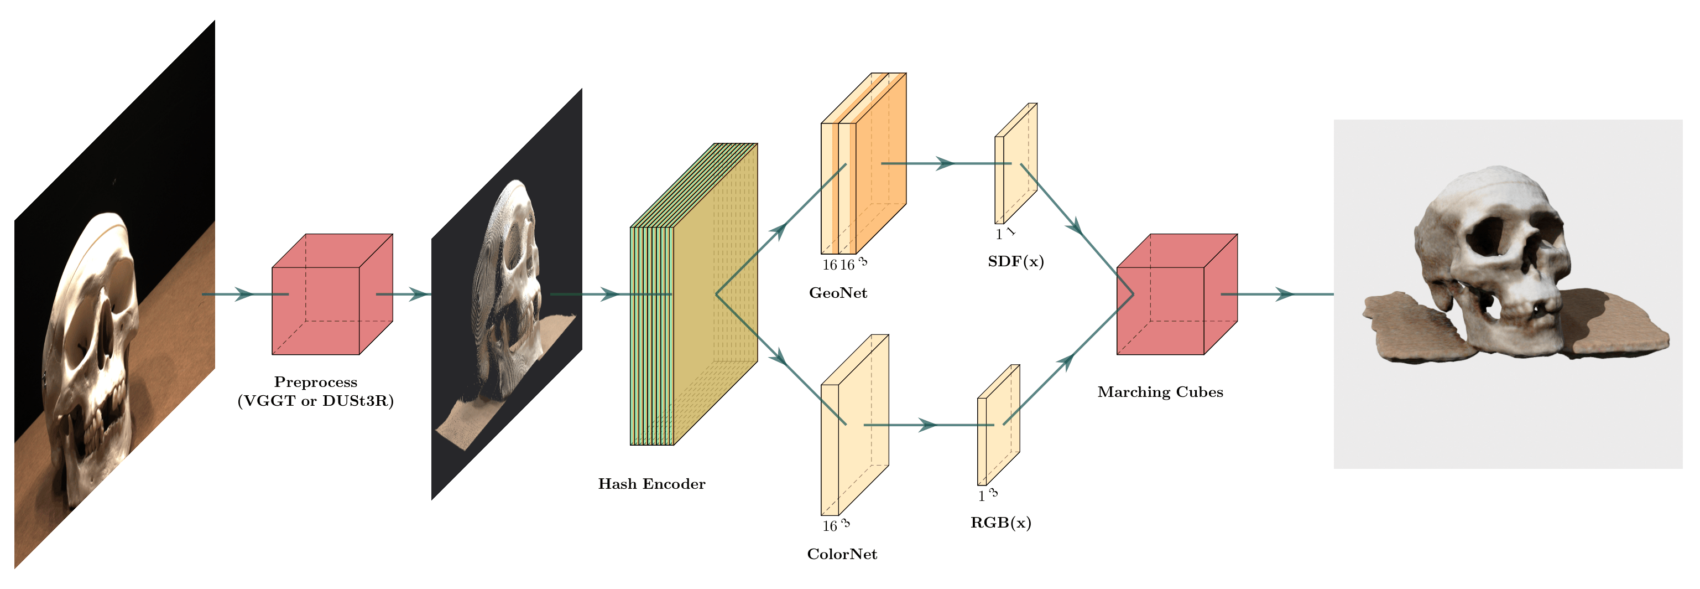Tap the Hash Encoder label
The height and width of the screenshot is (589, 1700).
pos(651,484)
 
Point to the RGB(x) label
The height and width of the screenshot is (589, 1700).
pos(1000,523)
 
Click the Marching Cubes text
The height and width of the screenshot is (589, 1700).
pos(1160,392)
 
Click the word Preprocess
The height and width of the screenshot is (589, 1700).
pos(315,383)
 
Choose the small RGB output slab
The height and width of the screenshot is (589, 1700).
pos(998,425)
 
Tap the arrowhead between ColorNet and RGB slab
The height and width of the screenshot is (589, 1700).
pos(928,425)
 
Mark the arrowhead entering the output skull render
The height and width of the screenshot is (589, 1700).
pos(1284,294)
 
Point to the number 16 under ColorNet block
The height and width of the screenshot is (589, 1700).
pos(829,527)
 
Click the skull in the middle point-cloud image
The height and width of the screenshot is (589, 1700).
pos(512,277)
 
